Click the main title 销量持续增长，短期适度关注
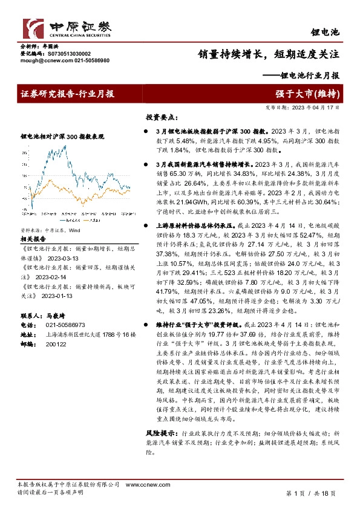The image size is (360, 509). point(268,53)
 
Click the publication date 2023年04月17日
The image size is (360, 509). point(320,108)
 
